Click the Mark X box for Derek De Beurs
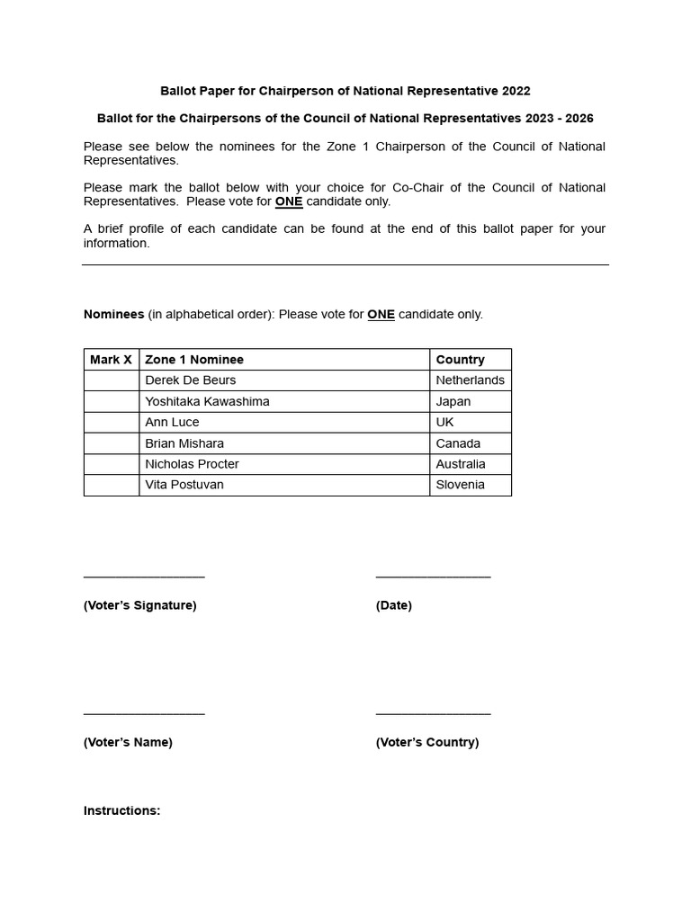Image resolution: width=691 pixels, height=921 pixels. coord(112,380)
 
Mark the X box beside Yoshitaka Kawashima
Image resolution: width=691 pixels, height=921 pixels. coord(112,401)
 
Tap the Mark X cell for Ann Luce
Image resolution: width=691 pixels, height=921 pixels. coord(112,422)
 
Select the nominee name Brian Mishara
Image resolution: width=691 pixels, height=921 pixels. coord(184,443)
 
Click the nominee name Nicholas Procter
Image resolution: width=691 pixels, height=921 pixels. coord(192,464)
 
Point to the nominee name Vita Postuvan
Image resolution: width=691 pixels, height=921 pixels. coord(184,485)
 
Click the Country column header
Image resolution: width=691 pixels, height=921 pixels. coord(460,360)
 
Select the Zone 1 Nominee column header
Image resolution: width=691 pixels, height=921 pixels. coord(194,360)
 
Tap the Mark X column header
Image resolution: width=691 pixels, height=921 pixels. coord(112,360)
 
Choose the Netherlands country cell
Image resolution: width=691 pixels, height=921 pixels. coord(470,380)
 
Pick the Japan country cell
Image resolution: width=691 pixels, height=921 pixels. coord(453,401)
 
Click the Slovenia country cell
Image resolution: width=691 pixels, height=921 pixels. coord(460,485)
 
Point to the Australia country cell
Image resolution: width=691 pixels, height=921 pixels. coord(461,464)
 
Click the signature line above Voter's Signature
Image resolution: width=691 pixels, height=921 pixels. coord(144,577)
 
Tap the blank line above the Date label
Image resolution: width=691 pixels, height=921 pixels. coord(433,577)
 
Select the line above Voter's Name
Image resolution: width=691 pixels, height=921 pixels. coord(144,714)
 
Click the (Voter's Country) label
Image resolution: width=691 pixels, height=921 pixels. coord(427,742)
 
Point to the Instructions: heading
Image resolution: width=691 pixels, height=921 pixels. coord(122,810)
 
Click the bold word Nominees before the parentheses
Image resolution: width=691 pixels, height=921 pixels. coord(114,314)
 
